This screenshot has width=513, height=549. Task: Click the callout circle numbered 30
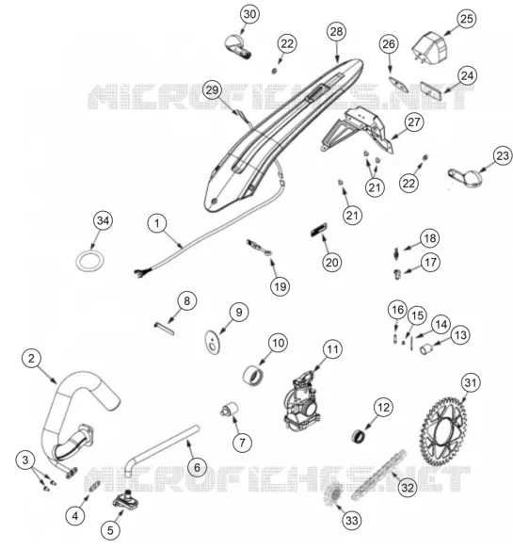[x=249, y=14]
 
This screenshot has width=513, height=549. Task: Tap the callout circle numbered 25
[x=467, y=19]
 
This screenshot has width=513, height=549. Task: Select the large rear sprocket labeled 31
[x=443, y=431]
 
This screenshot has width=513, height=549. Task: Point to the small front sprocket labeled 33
[x=333, y=494]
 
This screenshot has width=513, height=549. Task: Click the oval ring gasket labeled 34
[x=89, y=261]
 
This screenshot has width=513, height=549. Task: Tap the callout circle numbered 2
[x=31, y=359]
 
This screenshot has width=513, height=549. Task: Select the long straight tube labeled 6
[x=162, y=451]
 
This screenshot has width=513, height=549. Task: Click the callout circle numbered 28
[x=336, y=32]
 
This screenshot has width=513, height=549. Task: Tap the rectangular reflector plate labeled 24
[x=431, y=89]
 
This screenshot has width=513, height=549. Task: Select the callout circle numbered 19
[x=280, y=287]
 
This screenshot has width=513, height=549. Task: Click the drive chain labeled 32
[x=379, y=475]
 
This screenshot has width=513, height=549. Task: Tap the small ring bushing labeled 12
[x=358, y=437]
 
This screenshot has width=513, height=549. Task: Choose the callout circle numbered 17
[x=430, y=262]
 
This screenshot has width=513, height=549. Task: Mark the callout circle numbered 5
[x=110, y=530]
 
